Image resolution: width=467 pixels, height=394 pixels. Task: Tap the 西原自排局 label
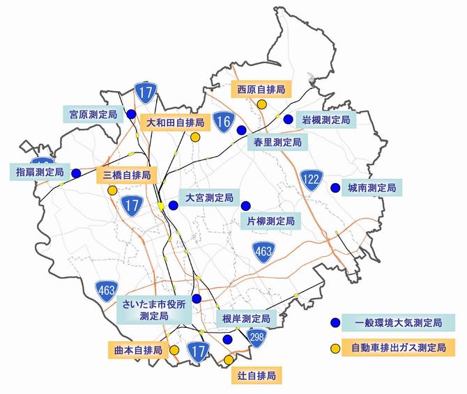[261, 90]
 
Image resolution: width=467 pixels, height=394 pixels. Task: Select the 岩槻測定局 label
[325, 120]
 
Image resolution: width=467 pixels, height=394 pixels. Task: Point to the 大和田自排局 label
[175, 123]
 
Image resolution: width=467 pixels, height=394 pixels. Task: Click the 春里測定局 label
[277, 142]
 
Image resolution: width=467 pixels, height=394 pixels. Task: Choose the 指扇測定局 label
[38, 171]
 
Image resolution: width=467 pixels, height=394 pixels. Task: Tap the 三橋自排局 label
[126, 175]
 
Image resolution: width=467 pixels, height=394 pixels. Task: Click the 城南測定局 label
[372, 188]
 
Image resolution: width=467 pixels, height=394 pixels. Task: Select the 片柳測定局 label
[271, 221]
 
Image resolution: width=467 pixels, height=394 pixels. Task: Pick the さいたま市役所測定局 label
[154, 310]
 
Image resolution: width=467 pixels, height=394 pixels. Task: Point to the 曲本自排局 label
[138, 349]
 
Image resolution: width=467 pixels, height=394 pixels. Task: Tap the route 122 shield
[312, 179]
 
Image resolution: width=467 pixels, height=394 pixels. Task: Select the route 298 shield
[257, 337]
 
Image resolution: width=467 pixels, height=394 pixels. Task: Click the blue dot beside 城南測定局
[335, 187]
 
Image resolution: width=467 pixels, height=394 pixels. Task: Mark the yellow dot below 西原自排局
[261, 104]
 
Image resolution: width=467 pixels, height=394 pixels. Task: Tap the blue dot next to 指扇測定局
[75, 173]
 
